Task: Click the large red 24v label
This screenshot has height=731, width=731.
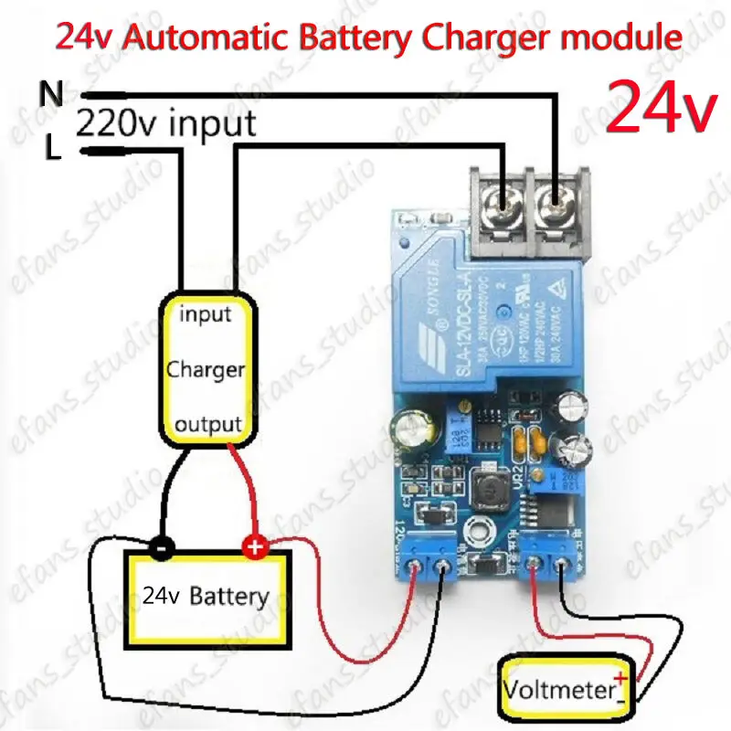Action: (661, 107)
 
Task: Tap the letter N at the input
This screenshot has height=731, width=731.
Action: (51, 94)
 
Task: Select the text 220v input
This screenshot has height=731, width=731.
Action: (165, 122)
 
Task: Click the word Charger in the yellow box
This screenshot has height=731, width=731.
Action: (205, 370)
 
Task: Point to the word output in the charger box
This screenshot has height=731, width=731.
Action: (207, 424)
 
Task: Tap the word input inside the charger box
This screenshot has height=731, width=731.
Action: (205, 315)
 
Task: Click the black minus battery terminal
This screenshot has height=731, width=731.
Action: (161, 549)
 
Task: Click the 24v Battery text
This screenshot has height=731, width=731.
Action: (207, 597)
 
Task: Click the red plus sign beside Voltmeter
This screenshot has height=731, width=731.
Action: (622, 678)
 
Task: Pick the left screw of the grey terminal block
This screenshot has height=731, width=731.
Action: (504, 198)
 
